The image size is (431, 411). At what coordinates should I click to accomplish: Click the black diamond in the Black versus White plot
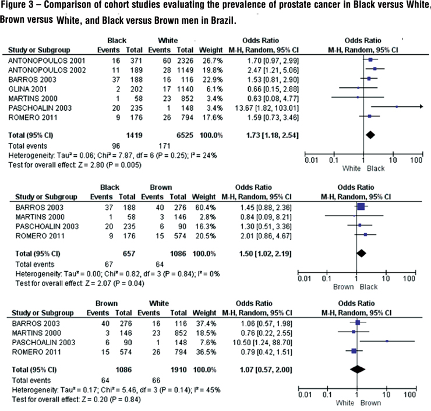click(x=369, y=134)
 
